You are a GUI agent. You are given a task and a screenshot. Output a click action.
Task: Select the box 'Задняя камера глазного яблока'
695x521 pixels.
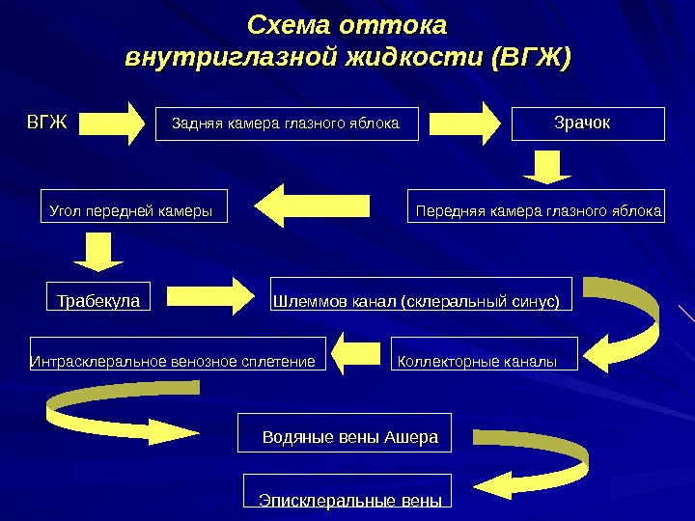coord(287,123)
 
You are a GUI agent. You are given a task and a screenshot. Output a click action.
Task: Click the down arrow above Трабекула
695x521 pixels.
coord(97,253)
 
